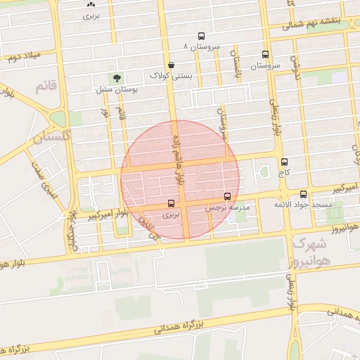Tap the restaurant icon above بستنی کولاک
coord(171,62)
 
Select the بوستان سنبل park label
coord(117,90)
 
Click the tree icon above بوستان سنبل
coord(114,77)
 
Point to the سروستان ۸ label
coord(202,46)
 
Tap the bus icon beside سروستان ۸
coord(202,36)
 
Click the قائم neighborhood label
coord(44,86)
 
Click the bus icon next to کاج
coord(283,162)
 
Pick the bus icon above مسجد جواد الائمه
coord(304,194)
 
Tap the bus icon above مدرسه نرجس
coord(226,198)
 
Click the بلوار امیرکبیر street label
coord(108,214)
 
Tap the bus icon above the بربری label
coord(172,204)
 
